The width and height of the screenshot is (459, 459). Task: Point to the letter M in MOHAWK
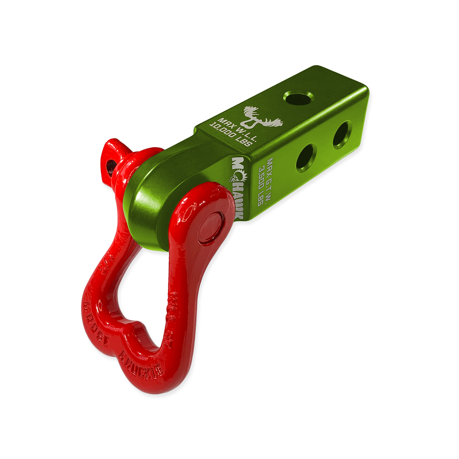(x=238, y=162)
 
